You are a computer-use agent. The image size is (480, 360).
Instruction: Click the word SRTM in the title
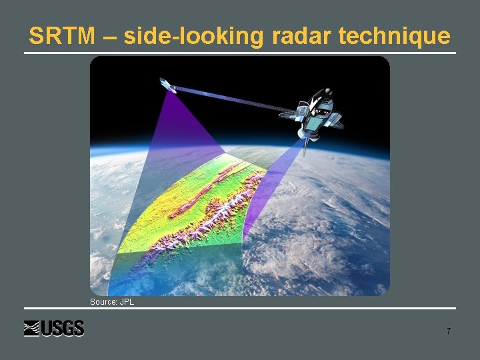coord(62,36)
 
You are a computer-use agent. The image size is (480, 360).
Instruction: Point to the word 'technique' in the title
coord(397,36)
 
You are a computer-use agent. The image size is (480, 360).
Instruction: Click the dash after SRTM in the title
coord(109,37)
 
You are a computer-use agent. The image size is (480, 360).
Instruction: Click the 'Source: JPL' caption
coord(112,302)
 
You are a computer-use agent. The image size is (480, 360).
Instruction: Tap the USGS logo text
coord(63,329)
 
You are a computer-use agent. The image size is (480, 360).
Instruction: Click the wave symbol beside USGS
coord(32,329)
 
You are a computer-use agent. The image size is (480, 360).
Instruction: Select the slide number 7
coord(449,331)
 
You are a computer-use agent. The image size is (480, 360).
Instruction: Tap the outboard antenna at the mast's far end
coord(166,85)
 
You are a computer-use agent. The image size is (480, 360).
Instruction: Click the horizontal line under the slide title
coord(240,53)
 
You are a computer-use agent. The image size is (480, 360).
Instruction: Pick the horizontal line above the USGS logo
coord(240,308)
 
